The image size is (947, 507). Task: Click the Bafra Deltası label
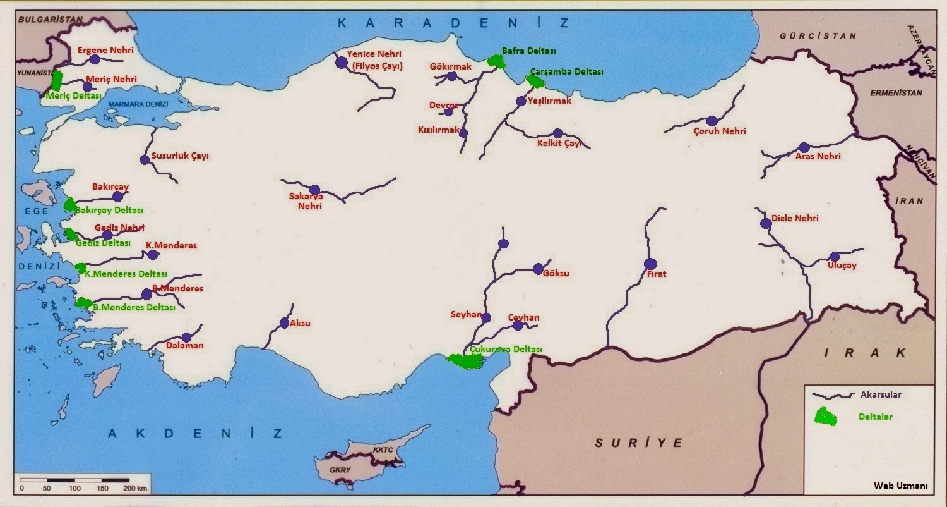point(528,51)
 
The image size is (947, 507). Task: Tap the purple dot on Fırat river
point(650,264)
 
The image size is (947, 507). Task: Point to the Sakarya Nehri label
point(306,202)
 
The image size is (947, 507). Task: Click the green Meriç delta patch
point(57,81)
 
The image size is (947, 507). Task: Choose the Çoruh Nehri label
point(720,131)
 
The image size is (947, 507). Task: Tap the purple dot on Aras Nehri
point(804,147)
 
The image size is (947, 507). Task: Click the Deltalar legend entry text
point(876,417)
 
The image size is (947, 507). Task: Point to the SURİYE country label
point(638,443)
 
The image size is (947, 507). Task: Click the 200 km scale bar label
point(134,489)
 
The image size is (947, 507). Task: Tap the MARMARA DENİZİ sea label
point(138,104)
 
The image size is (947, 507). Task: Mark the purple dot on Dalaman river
point(186,338)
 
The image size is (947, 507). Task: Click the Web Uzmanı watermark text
point(900,486)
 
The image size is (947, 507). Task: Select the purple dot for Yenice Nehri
point(342,62)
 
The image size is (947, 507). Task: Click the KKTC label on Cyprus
point(383,450)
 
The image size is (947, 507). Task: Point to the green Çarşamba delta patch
point(535,81)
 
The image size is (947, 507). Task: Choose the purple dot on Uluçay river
point(835,257)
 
